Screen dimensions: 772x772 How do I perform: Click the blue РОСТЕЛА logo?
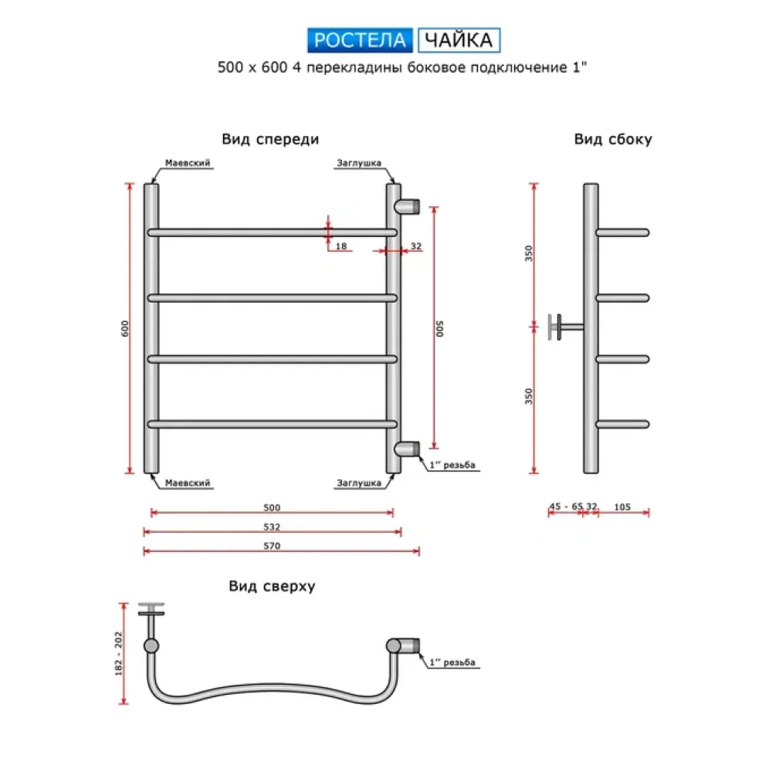coord(360,40)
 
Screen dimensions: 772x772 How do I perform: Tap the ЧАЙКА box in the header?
coord(459,40)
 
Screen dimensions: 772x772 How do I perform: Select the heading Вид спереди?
coord(270,139)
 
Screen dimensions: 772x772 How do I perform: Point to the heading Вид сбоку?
coord(613,139)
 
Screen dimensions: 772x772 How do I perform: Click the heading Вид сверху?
coord(272,586)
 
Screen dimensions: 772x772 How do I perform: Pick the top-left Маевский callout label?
coord(188,163)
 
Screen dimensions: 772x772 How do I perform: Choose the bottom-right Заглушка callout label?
coord(359,483)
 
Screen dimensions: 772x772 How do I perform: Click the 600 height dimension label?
coord(124,328)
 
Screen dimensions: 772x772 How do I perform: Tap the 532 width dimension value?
coord(272,527)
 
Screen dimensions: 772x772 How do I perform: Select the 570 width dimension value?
coord(272,546)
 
